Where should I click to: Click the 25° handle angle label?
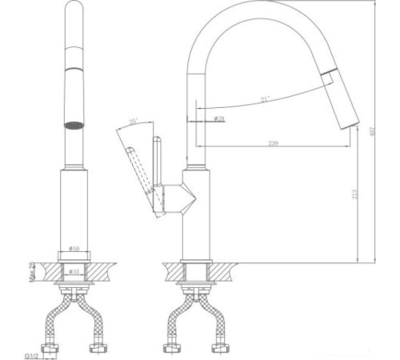click(x=134, y=122)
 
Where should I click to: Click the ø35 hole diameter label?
click(x=74, y=272)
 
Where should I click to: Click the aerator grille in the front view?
click(x=74, y=125)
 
